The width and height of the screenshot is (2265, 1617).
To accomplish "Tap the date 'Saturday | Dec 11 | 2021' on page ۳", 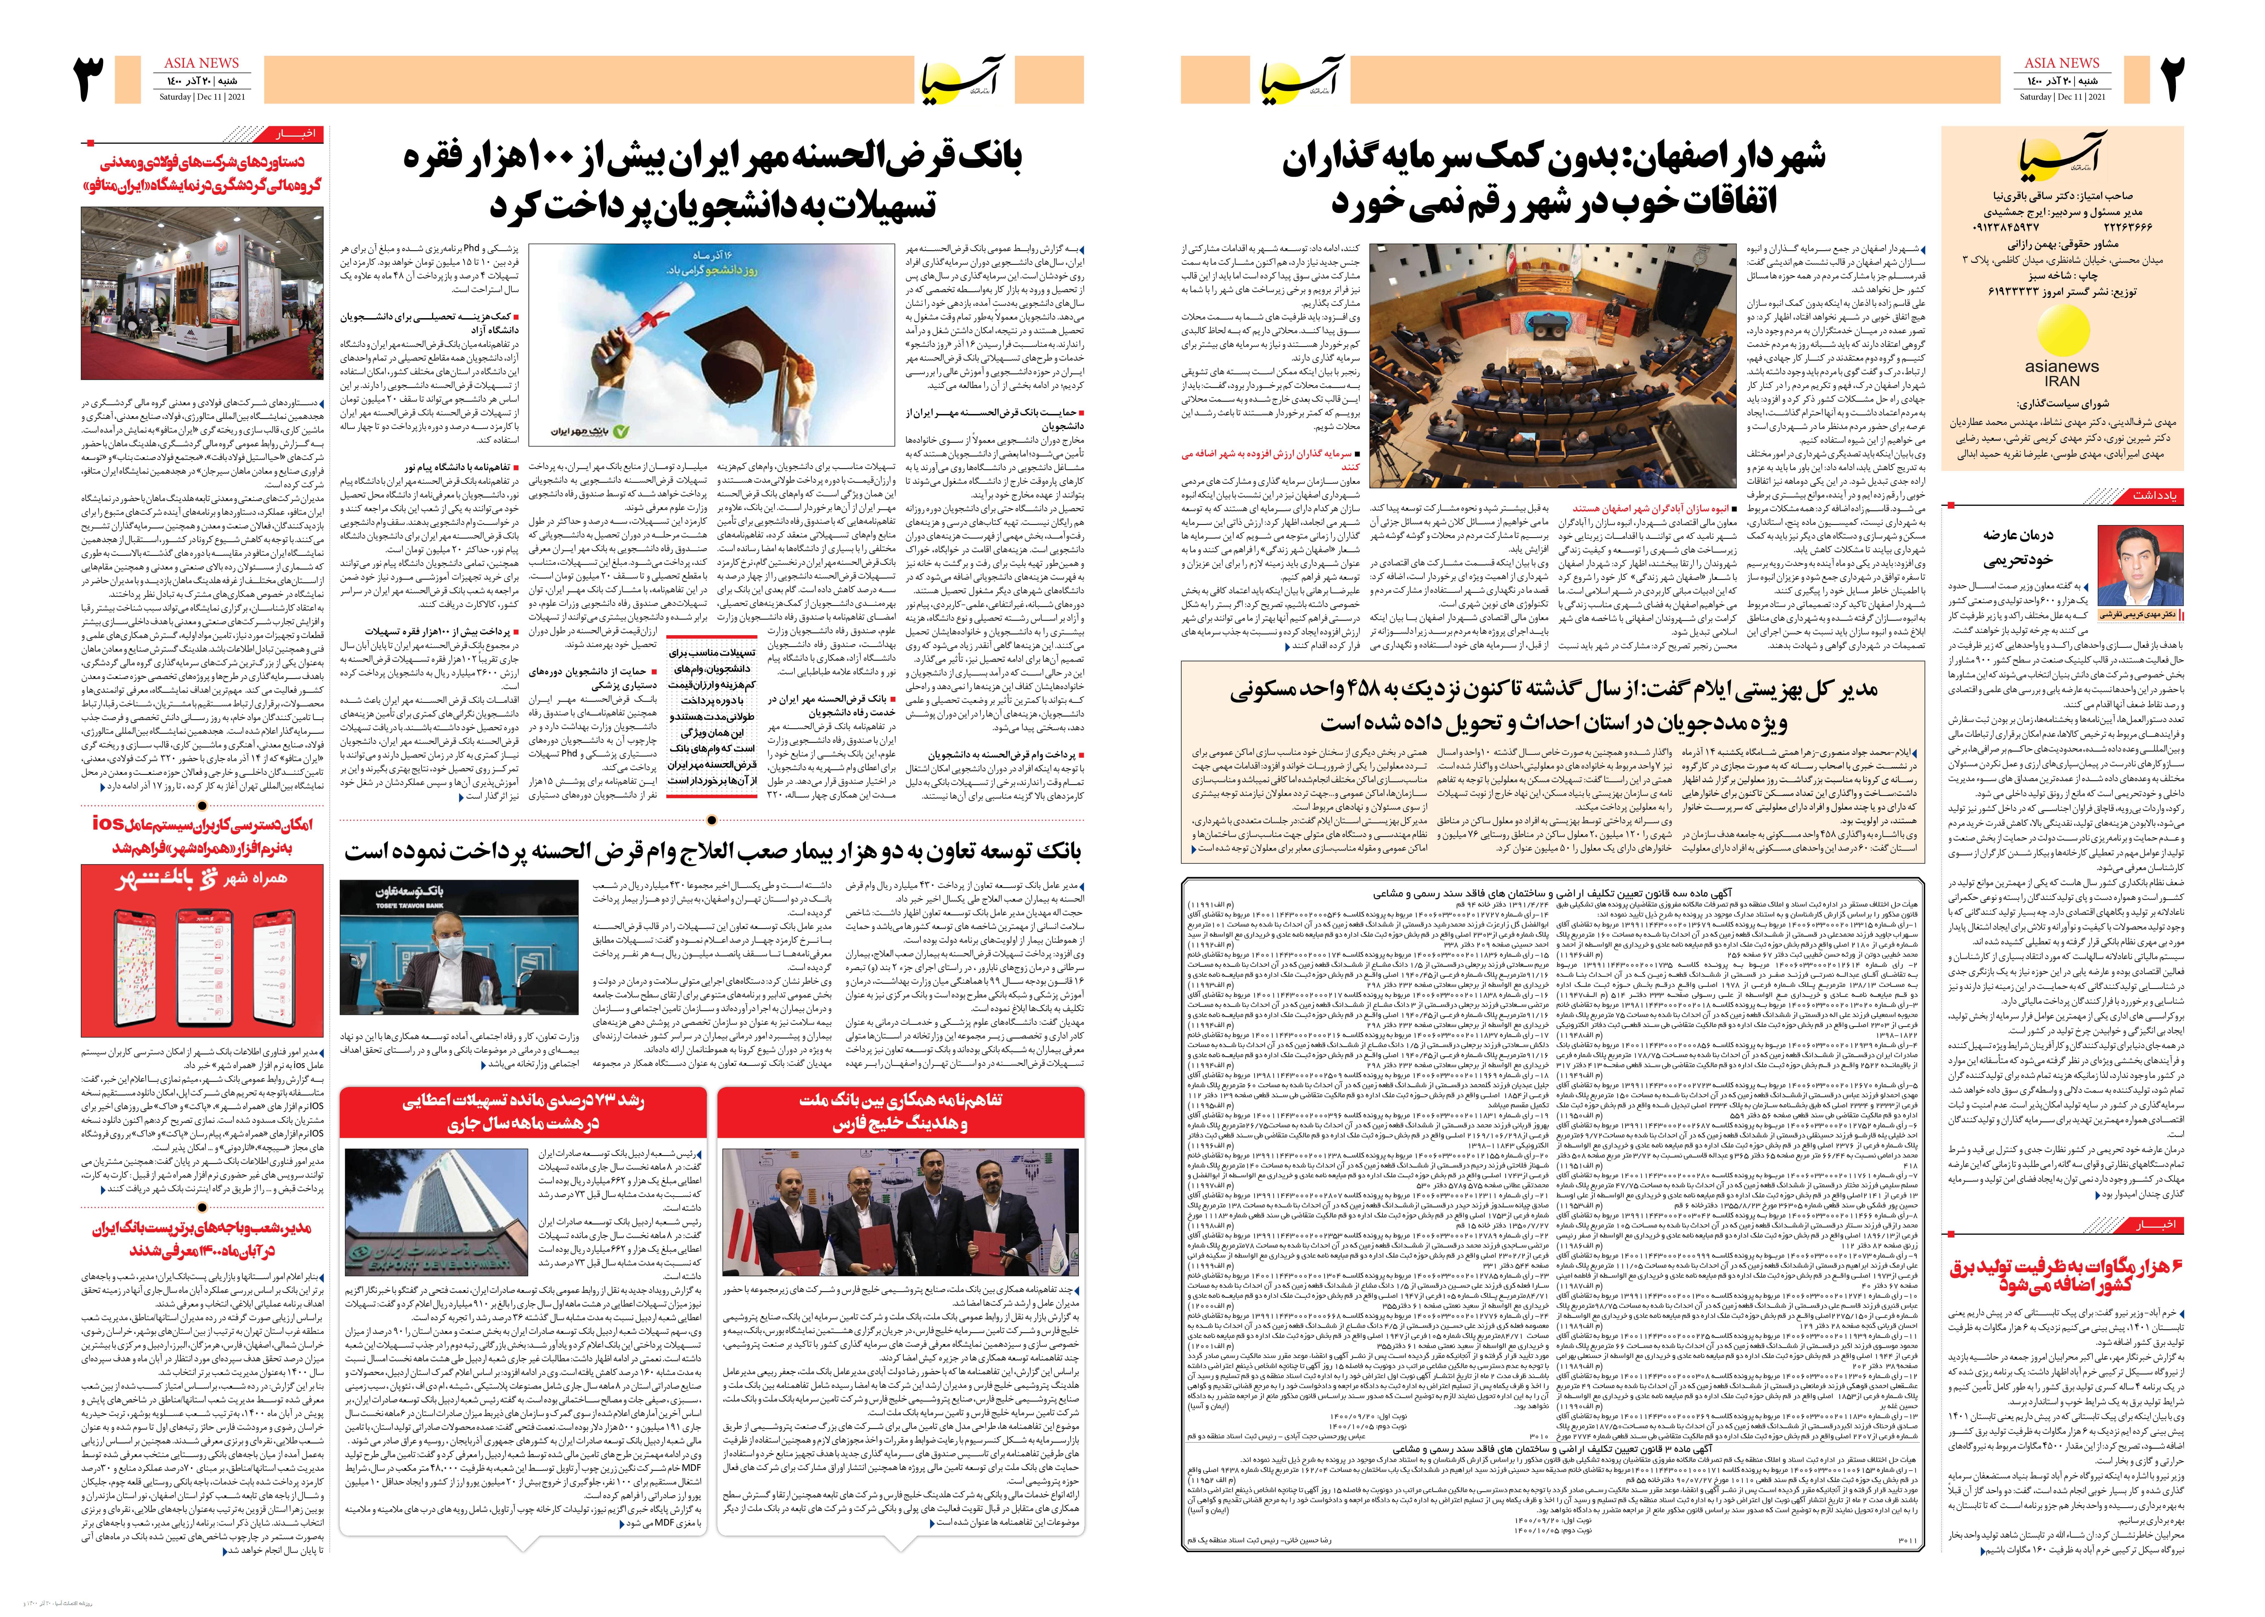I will click(203, 97).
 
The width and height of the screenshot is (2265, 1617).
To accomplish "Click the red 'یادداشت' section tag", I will click(2152, 495).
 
